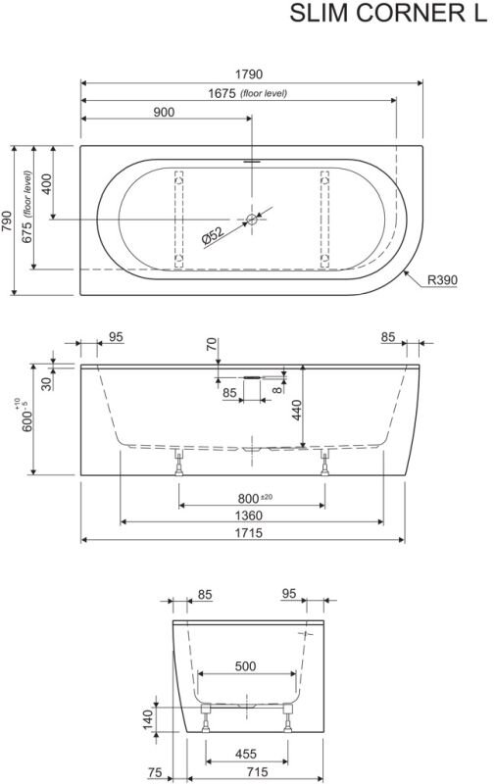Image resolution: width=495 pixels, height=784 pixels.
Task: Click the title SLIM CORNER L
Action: pos(388,14)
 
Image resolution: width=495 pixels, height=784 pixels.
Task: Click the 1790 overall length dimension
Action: pos(249,74)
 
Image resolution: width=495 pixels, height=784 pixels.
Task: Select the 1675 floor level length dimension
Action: pos(222,93)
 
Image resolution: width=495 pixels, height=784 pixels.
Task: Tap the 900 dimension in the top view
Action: pos(164,112)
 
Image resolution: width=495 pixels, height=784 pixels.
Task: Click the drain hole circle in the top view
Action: pos(252,219)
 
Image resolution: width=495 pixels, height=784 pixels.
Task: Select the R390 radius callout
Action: pos(442,280)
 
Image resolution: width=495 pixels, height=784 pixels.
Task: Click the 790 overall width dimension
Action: pos(7,221)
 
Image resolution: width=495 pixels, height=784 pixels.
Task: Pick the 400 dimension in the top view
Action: pos(45,184)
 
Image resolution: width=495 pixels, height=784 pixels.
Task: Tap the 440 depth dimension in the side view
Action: pos(296,410)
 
